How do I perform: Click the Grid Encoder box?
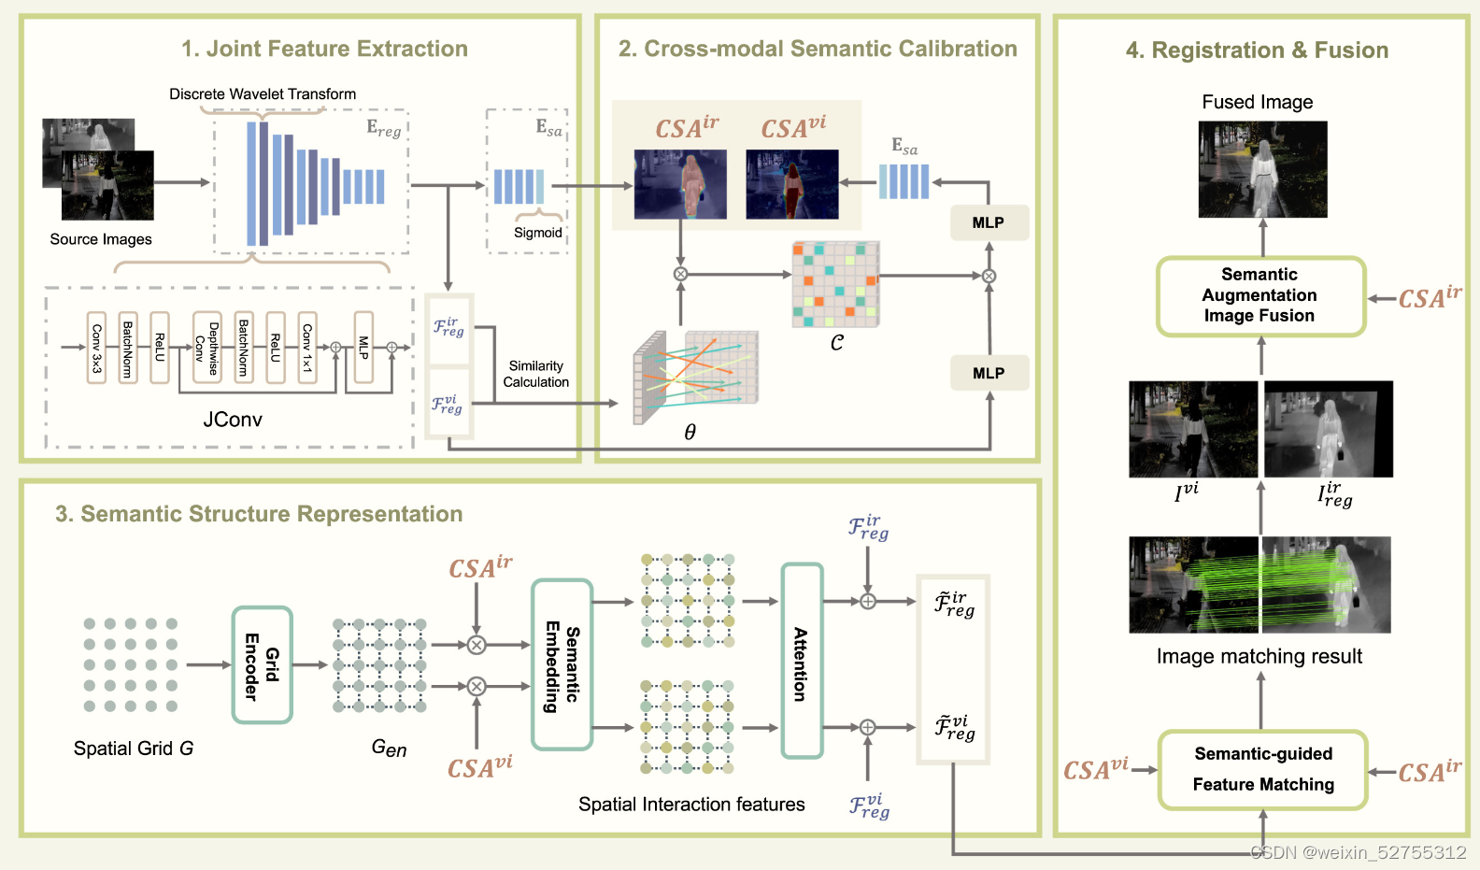(262, 665)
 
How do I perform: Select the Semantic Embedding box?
(562, 664)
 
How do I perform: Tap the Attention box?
(802, 661)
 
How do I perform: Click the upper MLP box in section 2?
(989, 222)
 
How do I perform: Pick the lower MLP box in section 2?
(989, 373)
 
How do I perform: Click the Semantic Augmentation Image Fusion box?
(1260, 295)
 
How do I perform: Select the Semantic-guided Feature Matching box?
(1262, 769)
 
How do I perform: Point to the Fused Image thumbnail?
(1262, 169)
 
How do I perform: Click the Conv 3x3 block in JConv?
(96, 348)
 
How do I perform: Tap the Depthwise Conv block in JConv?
(206, 348)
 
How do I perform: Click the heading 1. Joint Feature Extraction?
(324, 49)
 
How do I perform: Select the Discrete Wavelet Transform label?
(263, 93)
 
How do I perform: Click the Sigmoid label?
(538, 233)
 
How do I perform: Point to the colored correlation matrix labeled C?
(835, 284)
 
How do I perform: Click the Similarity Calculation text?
(535, 374)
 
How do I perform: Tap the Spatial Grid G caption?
(133, 749)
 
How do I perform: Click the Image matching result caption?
(1259, 656)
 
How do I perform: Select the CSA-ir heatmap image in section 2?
(680, 184)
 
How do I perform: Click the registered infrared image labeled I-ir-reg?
(1328, 429)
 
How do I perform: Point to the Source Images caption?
(101, 239)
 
